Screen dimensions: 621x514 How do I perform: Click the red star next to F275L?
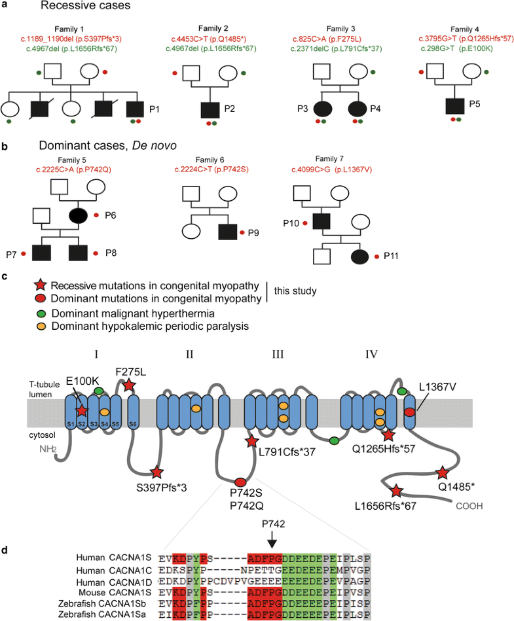click(x=130, y=386)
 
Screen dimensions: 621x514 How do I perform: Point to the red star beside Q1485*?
click(x=443, y=472)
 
